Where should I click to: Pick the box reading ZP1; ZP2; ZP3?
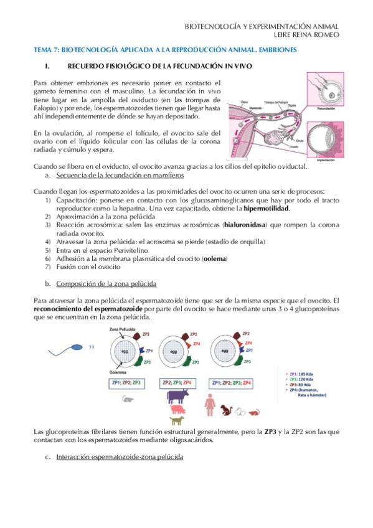[128, 382]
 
